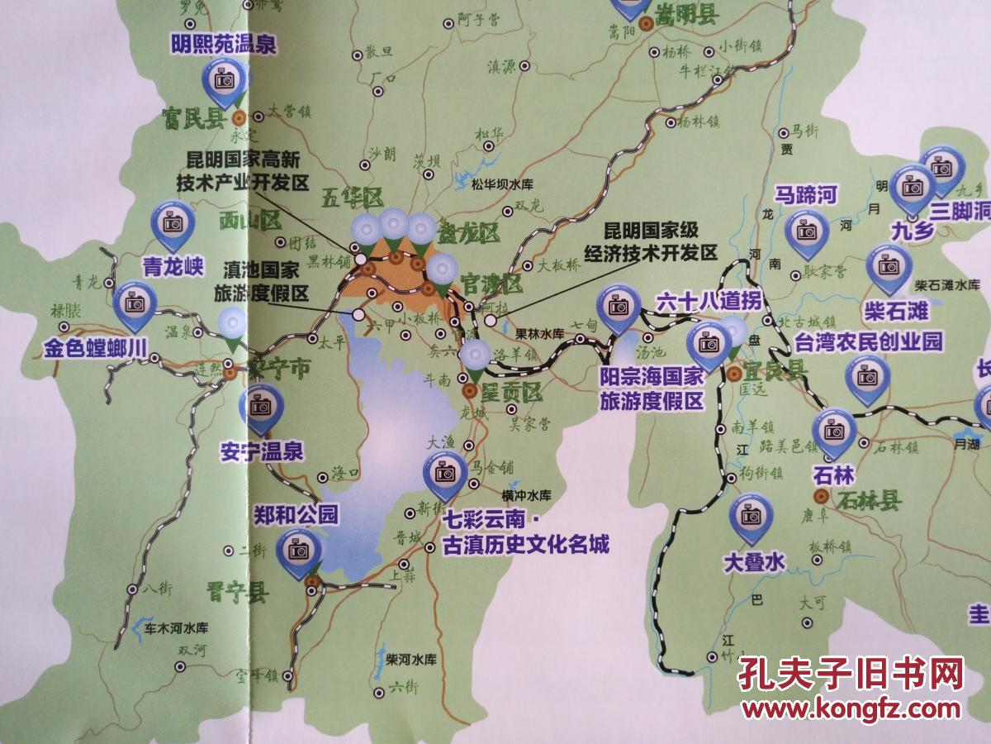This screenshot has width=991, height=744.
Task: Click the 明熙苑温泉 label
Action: pos(223,43)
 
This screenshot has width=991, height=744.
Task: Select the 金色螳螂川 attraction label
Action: pos(97,348)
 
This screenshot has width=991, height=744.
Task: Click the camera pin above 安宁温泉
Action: pos(261,408)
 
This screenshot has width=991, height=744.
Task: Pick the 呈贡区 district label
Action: pos(512,392)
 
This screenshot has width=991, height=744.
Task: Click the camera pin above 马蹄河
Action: pos(806,231)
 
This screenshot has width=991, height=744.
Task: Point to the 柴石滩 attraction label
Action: pos(895,311)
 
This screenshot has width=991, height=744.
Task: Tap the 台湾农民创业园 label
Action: pos(868,341)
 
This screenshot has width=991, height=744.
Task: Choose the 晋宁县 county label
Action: pos(238,591)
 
